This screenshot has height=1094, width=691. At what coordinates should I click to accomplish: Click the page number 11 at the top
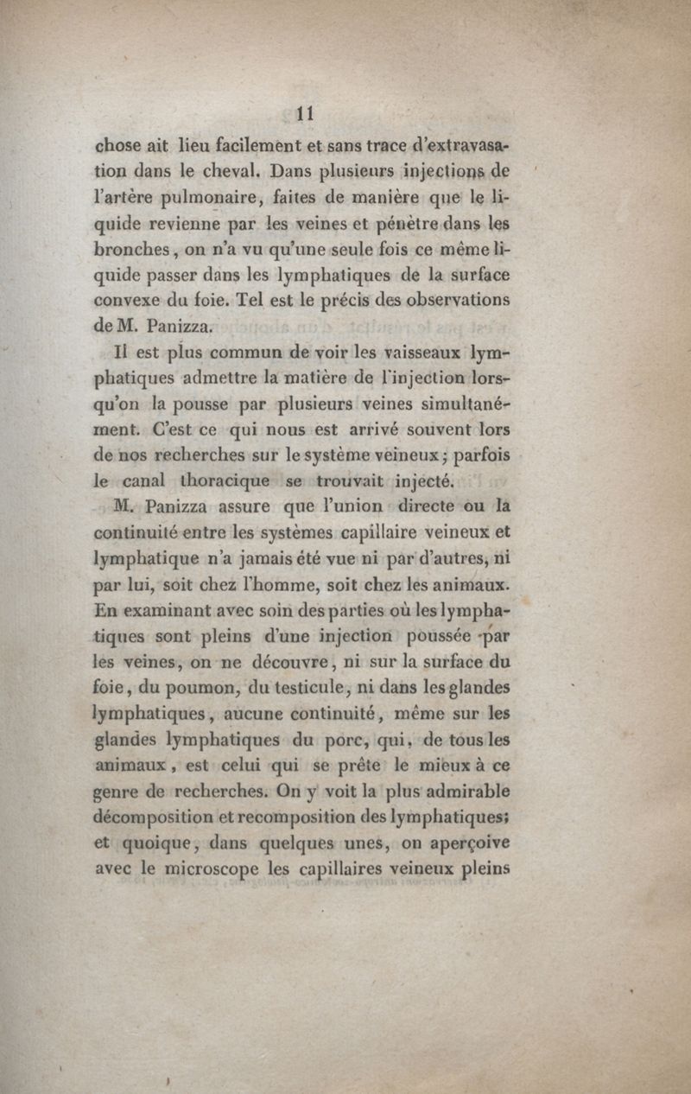pos(303,113)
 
